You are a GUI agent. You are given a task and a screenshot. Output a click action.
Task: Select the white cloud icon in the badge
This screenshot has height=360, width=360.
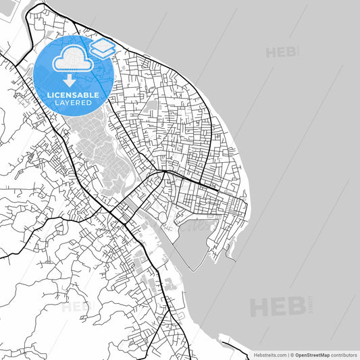(x=71, y=60)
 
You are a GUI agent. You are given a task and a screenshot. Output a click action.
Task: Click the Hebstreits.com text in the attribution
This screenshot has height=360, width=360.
(x=269, y=354)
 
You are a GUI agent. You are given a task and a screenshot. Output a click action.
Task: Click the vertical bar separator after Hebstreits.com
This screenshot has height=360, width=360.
(x=288, y=354)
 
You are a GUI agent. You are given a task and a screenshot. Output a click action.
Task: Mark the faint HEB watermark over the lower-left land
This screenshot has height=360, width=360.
(x=76, y=307)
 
